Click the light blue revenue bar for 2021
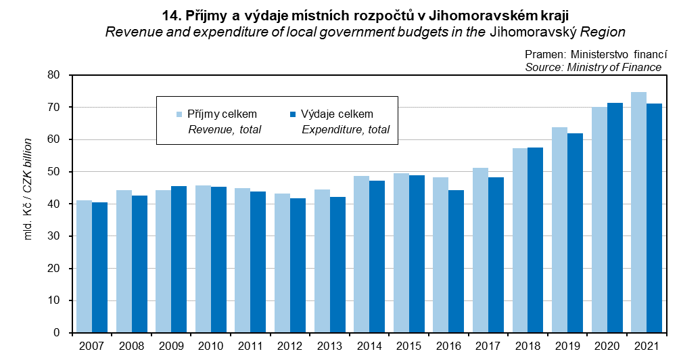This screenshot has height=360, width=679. click(638, 212)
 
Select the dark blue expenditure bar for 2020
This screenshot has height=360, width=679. click(615, 218)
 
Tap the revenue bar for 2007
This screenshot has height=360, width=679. click(84, 267)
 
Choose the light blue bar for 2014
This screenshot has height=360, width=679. click(361, 254)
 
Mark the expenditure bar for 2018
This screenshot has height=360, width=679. click(535, 240)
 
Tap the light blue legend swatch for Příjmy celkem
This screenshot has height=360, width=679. click(179, 114)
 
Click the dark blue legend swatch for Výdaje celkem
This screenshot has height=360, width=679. click(293, 114)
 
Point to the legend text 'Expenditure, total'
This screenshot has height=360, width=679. click(346, 129)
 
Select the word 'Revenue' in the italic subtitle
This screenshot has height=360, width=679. click(128, 32)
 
